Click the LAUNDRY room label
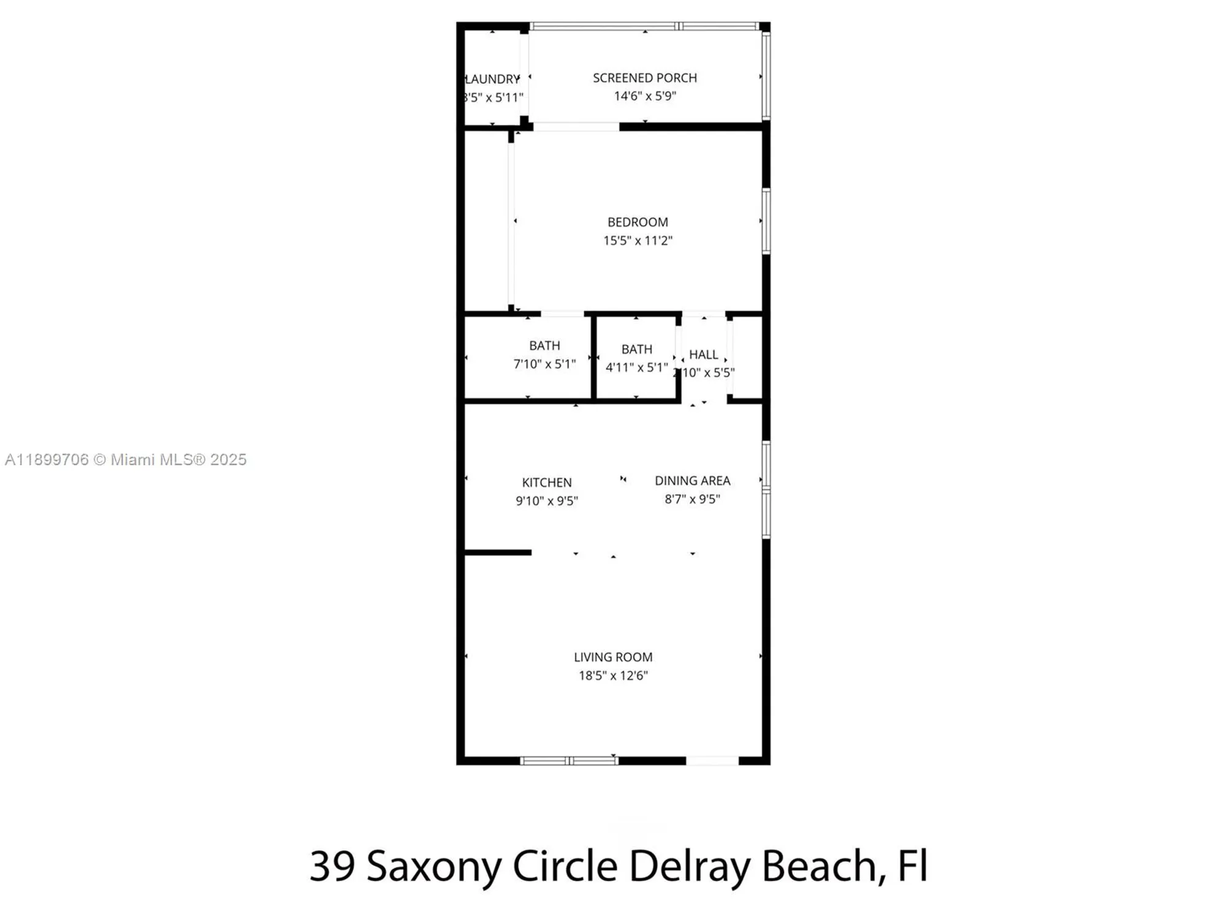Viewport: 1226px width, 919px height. (x=492, y=79)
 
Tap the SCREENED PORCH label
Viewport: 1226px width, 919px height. (x=644, y=78)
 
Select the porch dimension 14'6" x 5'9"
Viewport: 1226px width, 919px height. (x=644, y=96)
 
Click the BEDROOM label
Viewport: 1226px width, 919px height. (x=638, y=222)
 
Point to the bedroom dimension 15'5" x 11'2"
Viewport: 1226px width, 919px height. (x=638, y=241)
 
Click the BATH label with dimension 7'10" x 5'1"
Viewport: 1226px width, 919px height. (x=544, y=346)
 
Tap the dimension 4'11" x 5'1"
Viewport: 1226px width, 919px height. (x=636, y=368)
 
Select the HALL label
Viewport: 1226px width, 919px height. (x=703, y=355)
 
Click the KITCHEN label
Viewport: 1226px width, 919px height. (x=546, y=483)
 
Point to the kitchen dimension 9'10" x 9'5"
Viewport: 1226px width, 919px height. (x=546, y=501)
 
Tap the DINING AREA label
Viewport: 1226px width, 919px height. (x=692, y=481)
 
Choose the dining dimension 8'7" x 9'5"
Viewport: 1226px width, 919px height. (x=692, y=499)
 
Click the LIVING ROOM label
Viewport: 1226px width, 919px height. (x=613, y=657)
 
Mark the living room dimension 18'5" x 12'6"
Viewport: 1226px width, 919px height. (x=613, y=676)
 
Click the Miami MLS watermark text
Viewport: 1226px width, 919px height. (x=126, y=459)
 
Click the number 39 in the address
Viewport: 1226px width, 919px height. (x=332, y=866)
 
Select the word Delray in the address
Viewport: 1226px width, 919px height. (x=689, y=866)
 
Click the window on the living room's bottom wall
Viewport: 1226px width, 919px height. (x=569, y=761)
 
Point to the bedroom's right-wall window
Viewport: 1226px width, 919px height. (x=766, y=221)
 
